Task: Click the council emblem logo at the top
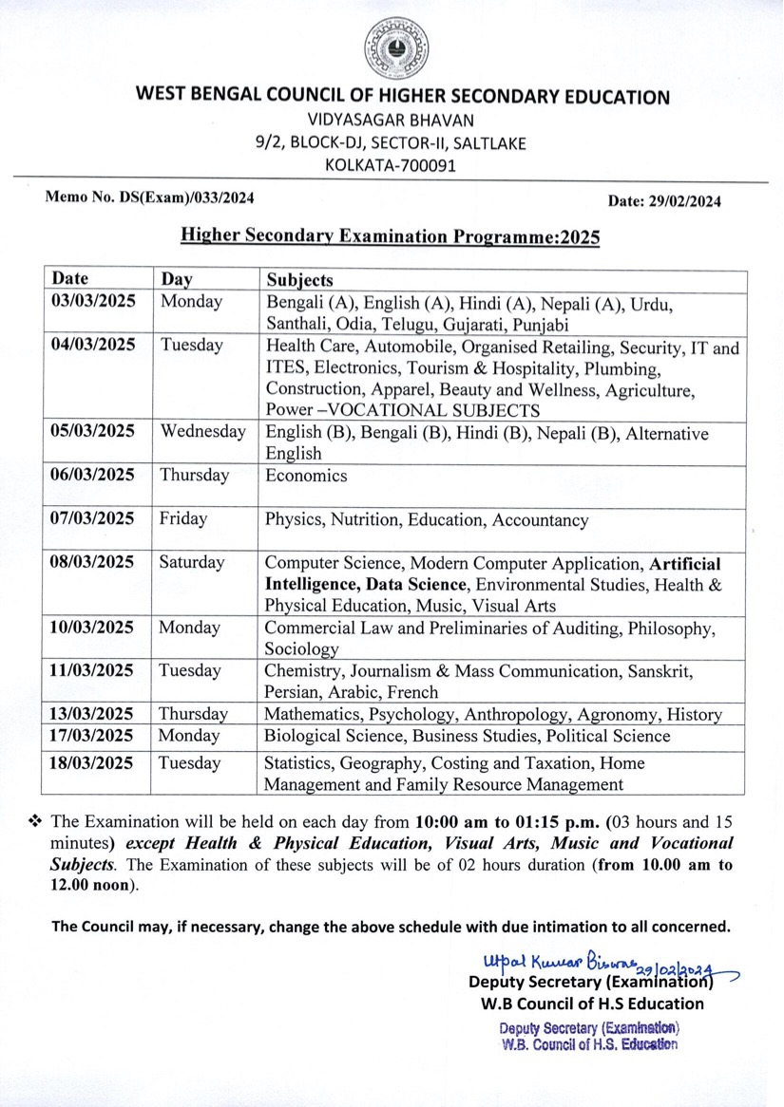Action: click(x=397, y=47)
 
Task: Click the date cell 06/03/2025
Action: click(x=93, y=475)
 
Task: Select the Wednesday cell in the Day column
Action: click(x=202, y=432)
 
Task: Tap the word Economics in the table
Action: click(x=306, y=476)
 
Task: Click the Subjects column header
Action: click(x=299, y=280)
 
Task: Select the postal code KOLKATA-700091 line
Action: click(x=391, y=165)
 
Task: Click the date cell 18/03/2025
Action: click(x=93, y=763)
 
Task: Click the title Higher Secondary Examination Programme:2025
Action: click(x=391, y=236)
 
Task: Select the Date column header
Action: click(x=69, y=279)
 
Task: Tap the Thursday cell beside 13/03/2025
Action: click(x=193, y=714)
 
